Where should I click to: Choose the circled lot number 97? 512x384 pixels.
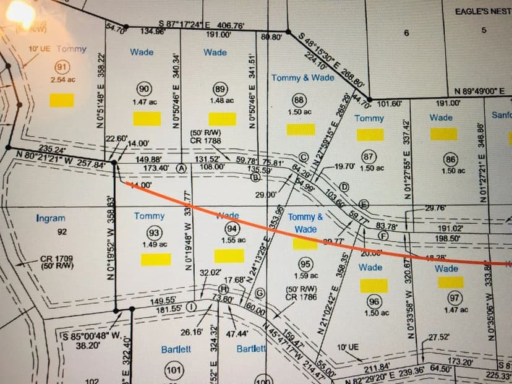click(455, 297)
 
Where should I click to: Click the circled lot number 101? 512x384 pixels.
click(174, 370)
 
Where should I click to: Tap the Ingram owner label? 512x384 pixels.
click(51, 218)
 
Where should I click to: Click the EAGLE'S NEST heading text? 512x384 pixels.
click(483, 12)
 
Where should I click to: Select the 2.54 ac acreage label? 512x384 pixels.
click(62, 80)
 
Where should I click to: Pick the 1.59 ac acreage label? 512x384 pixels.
click(306, 276)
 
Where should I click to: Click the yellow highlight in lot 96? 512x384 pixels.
click(373, 285)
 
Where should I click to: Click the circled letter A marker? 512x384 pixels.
click(181, 168)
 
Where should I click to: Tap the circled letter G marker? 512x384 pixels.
click(260, 292)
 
